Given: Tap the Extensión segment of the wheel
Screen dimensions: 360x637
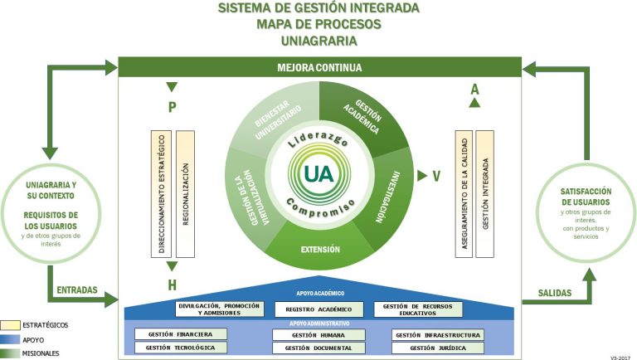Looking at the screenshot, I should tap(319, 248).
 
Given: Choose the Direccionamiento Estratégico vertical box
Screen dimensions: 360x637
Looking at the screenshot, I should tap(161, 192).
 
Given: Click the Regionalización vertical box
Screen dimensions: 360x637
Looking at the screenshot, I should tap(185, 192).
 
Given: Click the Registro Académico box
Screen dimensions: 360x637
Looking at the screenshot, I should tap(318, 309).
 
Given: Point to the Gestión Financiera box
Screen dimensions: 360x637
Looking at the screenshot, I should tap(180, 334).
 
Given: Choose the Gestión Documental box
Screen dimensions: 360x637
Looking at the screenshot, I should tap(318, 348).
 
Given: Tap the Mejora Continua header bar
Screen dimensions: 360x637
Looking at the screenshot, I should tap(319, 67).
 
